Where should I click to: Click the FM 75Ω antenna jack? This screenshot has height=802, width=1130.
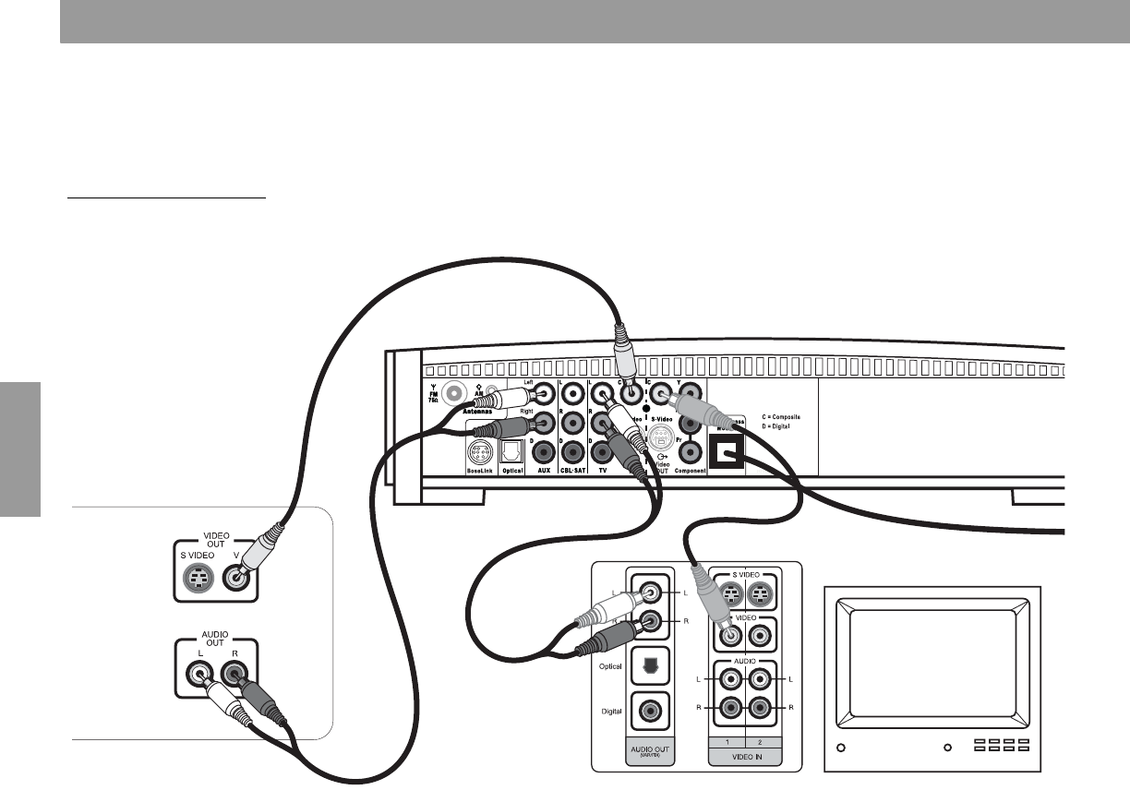454,394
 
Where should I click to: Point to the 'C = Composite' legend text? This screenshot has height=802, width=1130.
775,417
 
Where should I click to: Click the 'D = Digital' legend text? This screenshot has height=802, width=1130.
768,427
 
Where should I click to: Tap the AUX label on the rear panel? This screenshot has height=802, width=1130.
543,471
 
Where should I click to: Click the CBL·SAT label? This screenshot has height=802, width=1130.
572,471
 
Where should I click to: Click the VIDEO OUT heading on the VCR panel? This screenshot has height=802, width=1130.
217,540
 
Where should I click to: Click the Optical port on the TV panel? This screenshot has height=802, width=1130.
651,667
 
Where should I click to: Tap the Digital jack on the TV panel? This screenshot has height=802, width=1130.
651,712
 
